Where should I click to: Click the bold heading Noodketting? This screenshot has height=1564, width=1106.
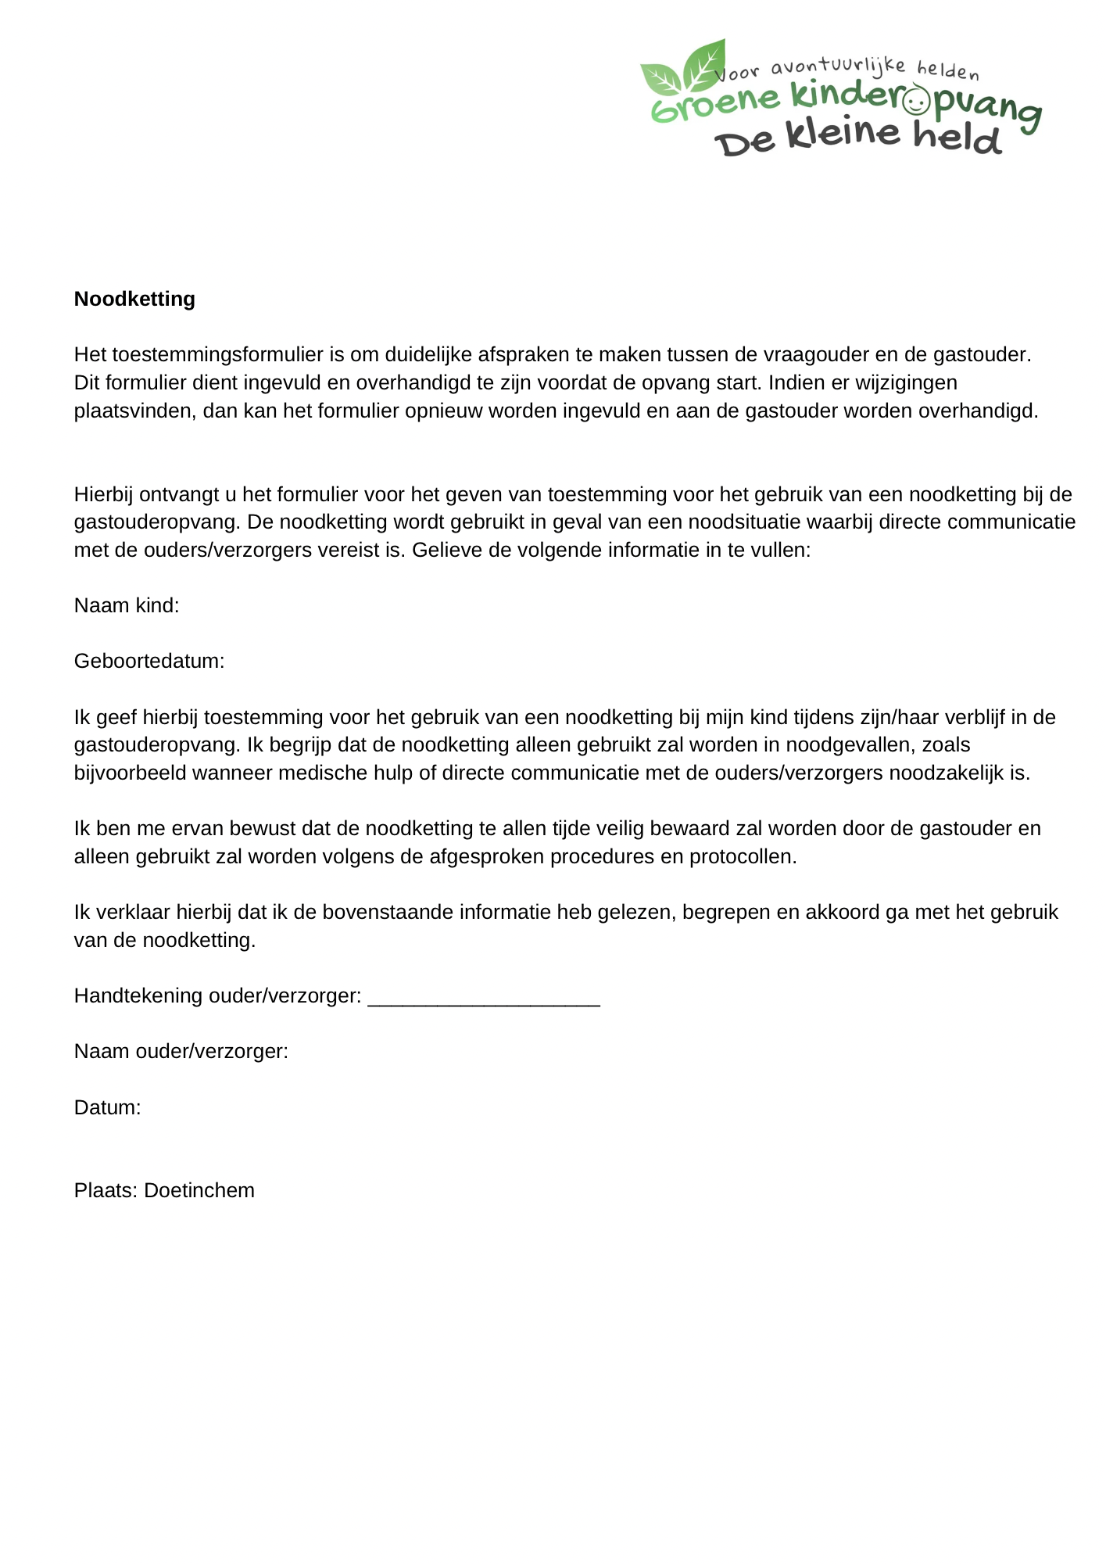point(134,299)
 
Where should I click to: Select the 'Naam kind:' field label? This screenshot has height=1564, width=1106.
point(127,605)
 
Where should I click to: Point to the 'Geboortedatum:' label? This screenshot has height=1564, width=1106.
point(149,662)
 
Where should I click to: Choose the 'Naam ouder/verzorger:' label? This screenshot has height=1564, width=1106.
point(181,1051)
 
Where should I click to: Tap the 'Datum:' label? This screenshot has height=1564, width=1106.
point(107,1107)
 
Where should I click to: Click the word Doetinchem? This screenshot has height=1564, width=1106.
point(199,1190)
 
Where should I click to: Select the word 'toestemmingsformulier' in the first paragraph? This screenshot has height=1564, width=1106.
point(217,355)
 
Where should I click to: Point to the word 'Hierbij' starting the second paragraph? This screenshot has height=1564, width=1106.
point(104,494)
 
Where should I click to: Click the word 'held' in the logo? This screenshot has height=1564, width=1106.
point(957,138)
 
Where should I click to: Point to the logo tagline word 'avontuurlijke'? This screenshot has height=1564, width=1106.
point(838,67)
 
